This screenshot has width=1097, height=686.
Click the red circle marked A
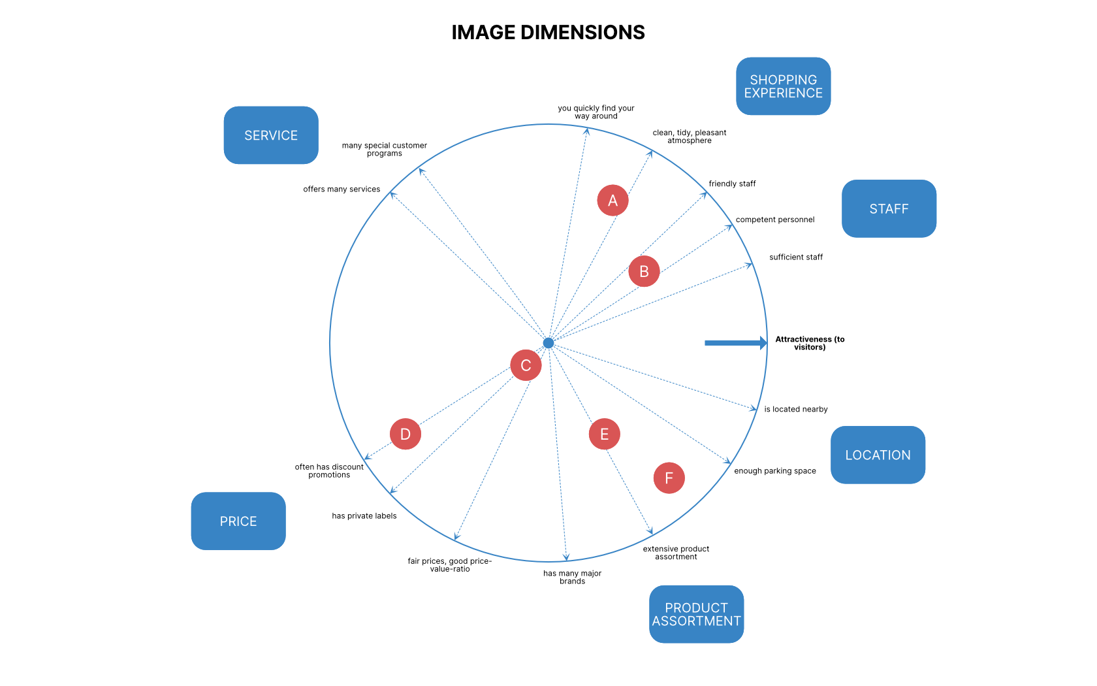click(612, 201)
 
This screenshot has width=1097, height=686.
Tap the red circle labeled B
click(644, 271)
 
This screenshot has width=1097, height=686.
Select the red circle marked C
click(526, 365)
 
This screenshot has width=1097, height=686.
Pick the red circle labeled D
click(405, 434)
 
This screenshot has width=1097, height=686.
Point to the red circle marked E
click(604, 434)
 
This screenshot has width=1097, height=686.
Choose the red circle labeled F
click(669, 478)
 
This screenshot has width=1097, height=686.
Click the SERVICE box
click(271, 135)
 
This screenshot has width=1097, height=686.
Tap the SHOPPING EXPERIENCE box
click(783, 86)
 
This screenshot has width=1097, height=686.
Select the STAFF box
click(889, 208)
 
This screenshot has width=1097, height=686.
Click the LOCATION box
click(878, 455)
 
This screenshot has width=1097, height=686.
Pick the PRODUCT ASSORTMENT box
click(696, 614)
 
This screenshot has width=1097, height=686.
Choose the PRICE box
click(238, 521)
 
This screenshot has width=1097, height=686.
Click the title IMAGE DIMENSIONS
click(548, 32)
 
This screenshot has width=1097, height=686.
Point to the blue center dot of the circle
click(548, 343)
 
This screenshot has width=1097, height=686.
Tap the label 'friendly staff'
click(732, 184)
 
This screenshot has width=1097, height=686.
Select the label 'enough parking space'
click(774, 470)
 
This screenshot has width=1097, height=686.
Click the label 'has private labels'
click(364, 515)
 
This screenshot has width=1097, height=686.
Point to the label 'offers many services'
click(342, 189)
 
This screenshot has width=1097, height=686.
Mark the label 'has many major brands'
click(572, 577)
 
